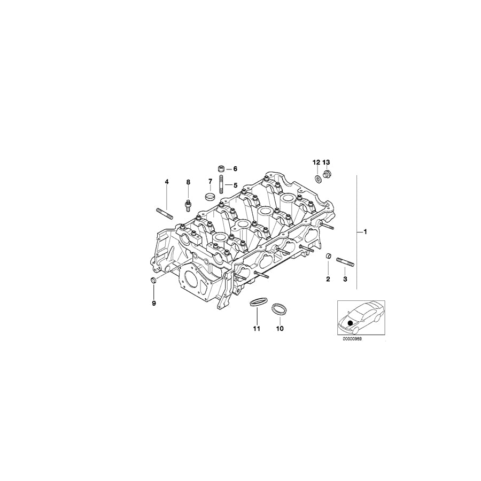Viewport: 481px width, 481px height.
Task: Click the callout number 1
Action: click(x=365, y=232)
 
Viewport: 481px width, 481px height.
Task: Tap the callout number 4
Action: click(x=167, y=182)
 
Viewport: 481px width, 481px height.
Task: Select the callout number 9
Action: click(x=154, y=304)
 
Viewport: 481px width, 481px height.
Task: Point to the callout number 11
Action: click(x=257, y=329)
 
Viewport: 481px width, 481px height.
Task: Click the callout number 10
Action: click(x=280, y=329)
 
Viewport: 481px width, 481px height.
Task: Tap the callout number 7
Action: click(x=210, y=181)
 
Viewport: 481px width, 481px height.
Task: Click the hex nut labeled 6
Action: click(x=221, y=168)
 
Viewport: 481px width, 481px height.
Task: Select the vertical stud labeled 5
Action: click(x=221, y=184)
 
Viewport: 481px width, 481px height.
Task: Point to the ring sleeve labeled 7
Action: click(x=210, y=196)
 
